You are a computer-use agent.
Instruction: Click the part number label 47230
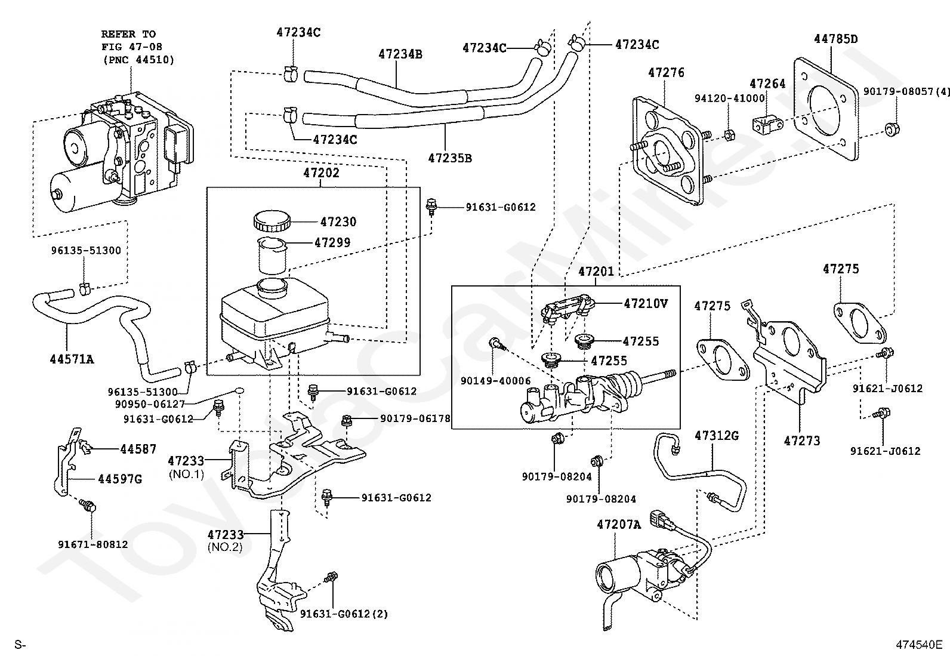pos(338,221)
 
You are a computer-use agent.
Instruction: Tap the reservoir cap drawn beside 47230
pos(272,221)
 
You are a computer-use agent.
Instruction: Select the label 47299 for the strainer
pos(332,242)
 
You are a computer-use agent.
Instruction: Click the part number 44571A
pos(72,359)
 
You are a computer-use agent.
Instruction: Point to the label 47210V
pos(646,303)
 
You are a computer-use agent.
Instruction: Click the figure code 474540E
pos(919,645)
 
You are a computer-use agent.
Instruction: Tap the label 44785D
pos(835,39)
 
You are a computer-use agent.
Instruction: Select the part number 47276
pos(666,73)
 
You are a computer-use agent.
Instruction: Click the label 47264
pos(767,84)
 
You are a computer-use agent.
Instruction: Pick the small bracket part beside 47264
pos(767,125)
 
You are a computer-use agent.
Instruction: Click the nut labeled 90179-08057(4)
pos(892,129)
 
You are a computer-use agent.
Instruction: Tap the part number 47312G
pos(717,435)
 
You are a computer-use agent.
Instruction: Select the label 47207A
pos(619,525)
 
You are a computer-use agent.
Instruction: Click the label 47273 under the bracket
pos(802,441)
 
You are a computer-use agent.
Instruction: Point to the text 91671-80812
pos(93,544)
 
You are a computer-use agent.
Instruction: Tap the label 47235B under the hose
pos(450,158)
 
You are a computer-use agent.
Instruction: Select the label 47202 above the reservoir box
pos(321,173)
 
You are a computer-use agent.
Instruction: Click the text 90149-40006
pos(495,381)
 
